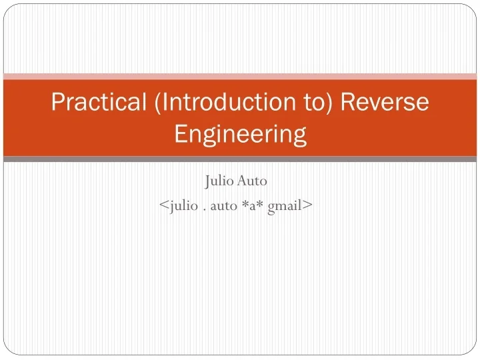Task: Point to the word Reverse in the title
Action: pos(386,102)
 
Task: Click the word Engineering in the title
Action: pos(240,134)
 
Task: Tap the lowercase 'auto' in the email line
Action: pos(224,206)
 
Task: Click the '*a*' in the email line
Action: pos(253,206)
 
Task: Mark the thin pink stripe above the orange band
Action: pos(240,76)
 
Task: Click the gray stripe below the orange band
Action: pos(240,159)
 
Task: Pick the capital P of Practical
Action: pos(58,102)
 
